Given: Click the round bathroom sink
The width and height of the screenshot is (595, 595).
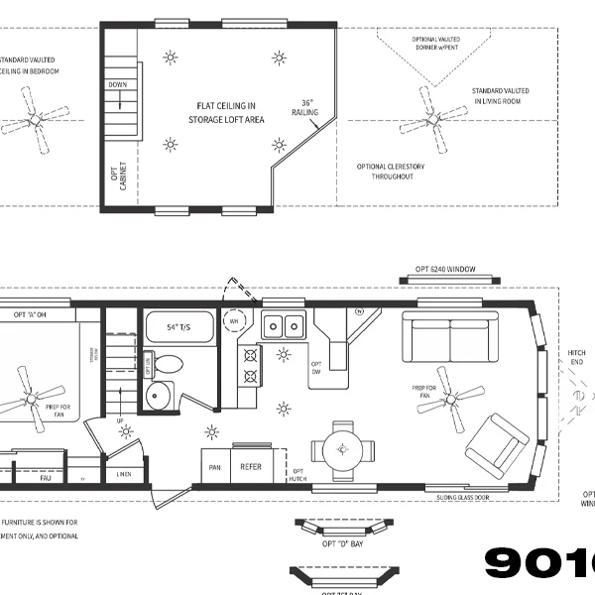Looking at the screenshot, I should coord(158,397).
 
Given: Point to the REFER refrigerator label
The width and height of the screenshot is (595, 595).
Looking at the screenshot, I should coord(251,466).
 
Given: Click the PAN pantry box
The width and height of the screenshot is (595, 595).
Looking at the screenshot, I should coord(214,466).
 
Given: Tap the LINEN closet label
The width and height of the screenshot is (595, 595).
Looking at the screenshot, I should coord(123,475).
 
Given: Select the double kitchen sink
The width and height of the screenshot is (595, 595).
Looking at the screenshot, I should coord(283,326).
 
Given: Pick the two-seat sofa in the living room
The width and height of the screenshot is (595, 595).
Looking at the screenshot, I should coord(449,339).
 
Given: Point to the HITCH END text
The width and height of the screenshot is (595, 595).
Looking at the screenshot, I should coord(576,358).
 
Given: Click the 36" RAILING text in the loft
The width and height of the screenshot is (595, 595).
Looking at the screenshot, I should coord(306,107).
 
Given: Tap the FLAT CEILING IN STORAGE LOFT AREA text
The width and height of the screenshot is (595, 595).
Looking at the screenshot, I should coord(226,112).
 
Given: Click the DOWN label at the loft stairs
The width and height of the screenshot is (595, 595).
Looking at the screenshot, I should coord(117,85).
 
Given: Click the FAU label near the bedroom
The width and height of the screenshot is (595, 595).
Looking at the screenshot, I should coord(45,477).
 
